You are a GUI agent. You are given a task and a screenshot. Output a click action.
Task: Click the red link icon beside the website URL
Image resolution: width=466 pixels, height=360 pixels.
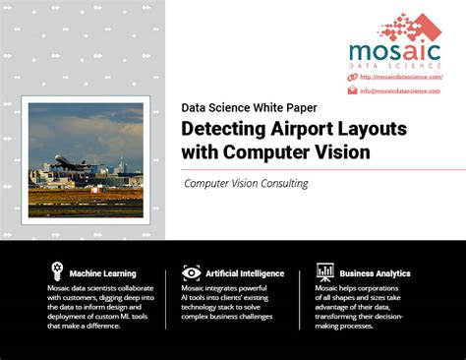(352, 77)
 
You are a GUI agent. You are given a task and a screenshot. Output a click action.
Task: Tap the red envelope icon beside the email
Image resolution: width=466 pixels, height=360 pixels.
(352, 90)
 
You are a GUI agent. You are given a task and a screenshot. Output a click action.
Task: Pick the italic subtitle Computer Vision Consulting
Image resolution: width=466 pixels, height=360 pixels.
(246, 183)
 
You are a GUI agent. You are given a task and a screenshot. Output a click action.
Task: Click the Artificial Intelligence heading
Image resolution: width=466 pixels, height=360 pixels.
(246, 272)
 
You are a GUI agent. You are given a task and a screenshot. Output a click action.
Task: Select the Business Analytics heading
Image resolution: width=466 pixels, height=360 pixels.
(377, 272)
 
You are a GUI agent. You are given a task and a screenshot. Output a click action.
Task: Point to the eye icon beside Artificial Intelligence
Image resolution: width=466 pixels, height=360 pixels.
(192, 272)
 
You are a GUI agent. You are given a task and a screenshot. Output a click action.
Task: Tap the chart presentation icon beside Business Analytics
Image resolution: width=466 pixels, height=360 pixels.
(324, 272)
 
